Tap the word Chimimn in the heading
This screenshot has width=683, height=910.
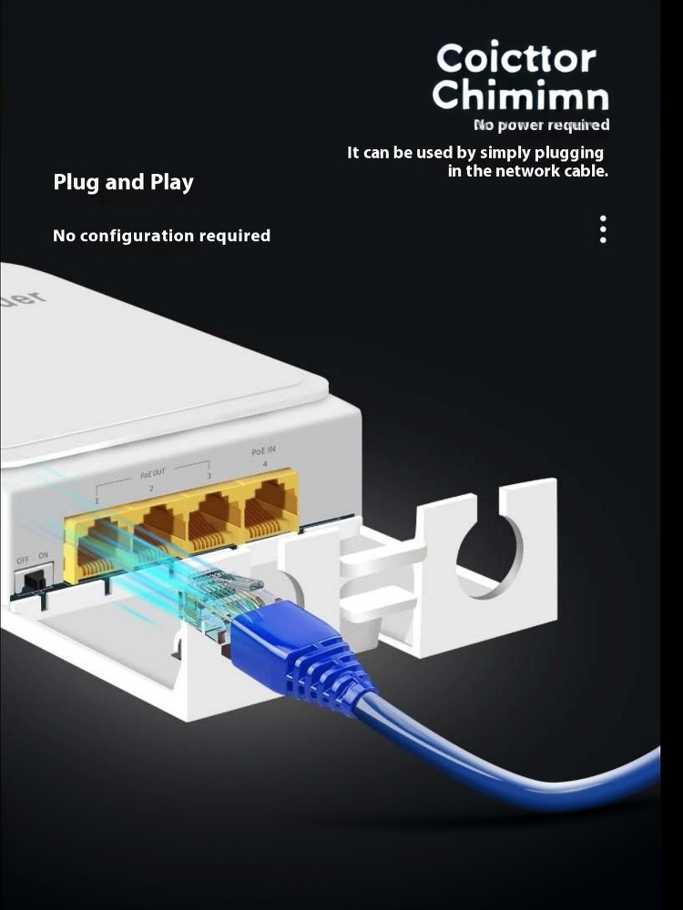pyautogui.click(x=520, y=96)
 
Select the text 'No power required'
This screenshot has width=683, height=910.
pyautogui.click(x=541, y=125)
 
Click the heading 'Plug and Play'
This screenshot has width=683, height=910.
pyautogui.click(x=123, y=182)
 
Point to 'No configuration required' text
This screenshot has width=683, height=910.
pyautogui.click(x=161, y=236)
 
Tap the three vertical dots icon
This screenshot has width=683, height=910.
pyautogui.click(x=603, y=229)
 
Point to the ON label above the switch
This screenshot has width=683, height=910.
pyautogui.click(x=44, y=555)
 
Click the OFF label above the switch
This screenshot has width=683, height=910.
pyautogui.click(x=23, y=560)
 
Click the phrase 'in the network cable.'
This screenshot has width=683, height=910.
pyautogui.click(x=527, y=171)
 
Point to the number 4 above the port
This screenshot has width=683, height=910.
pyautogui.click(x=265, y=464)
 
